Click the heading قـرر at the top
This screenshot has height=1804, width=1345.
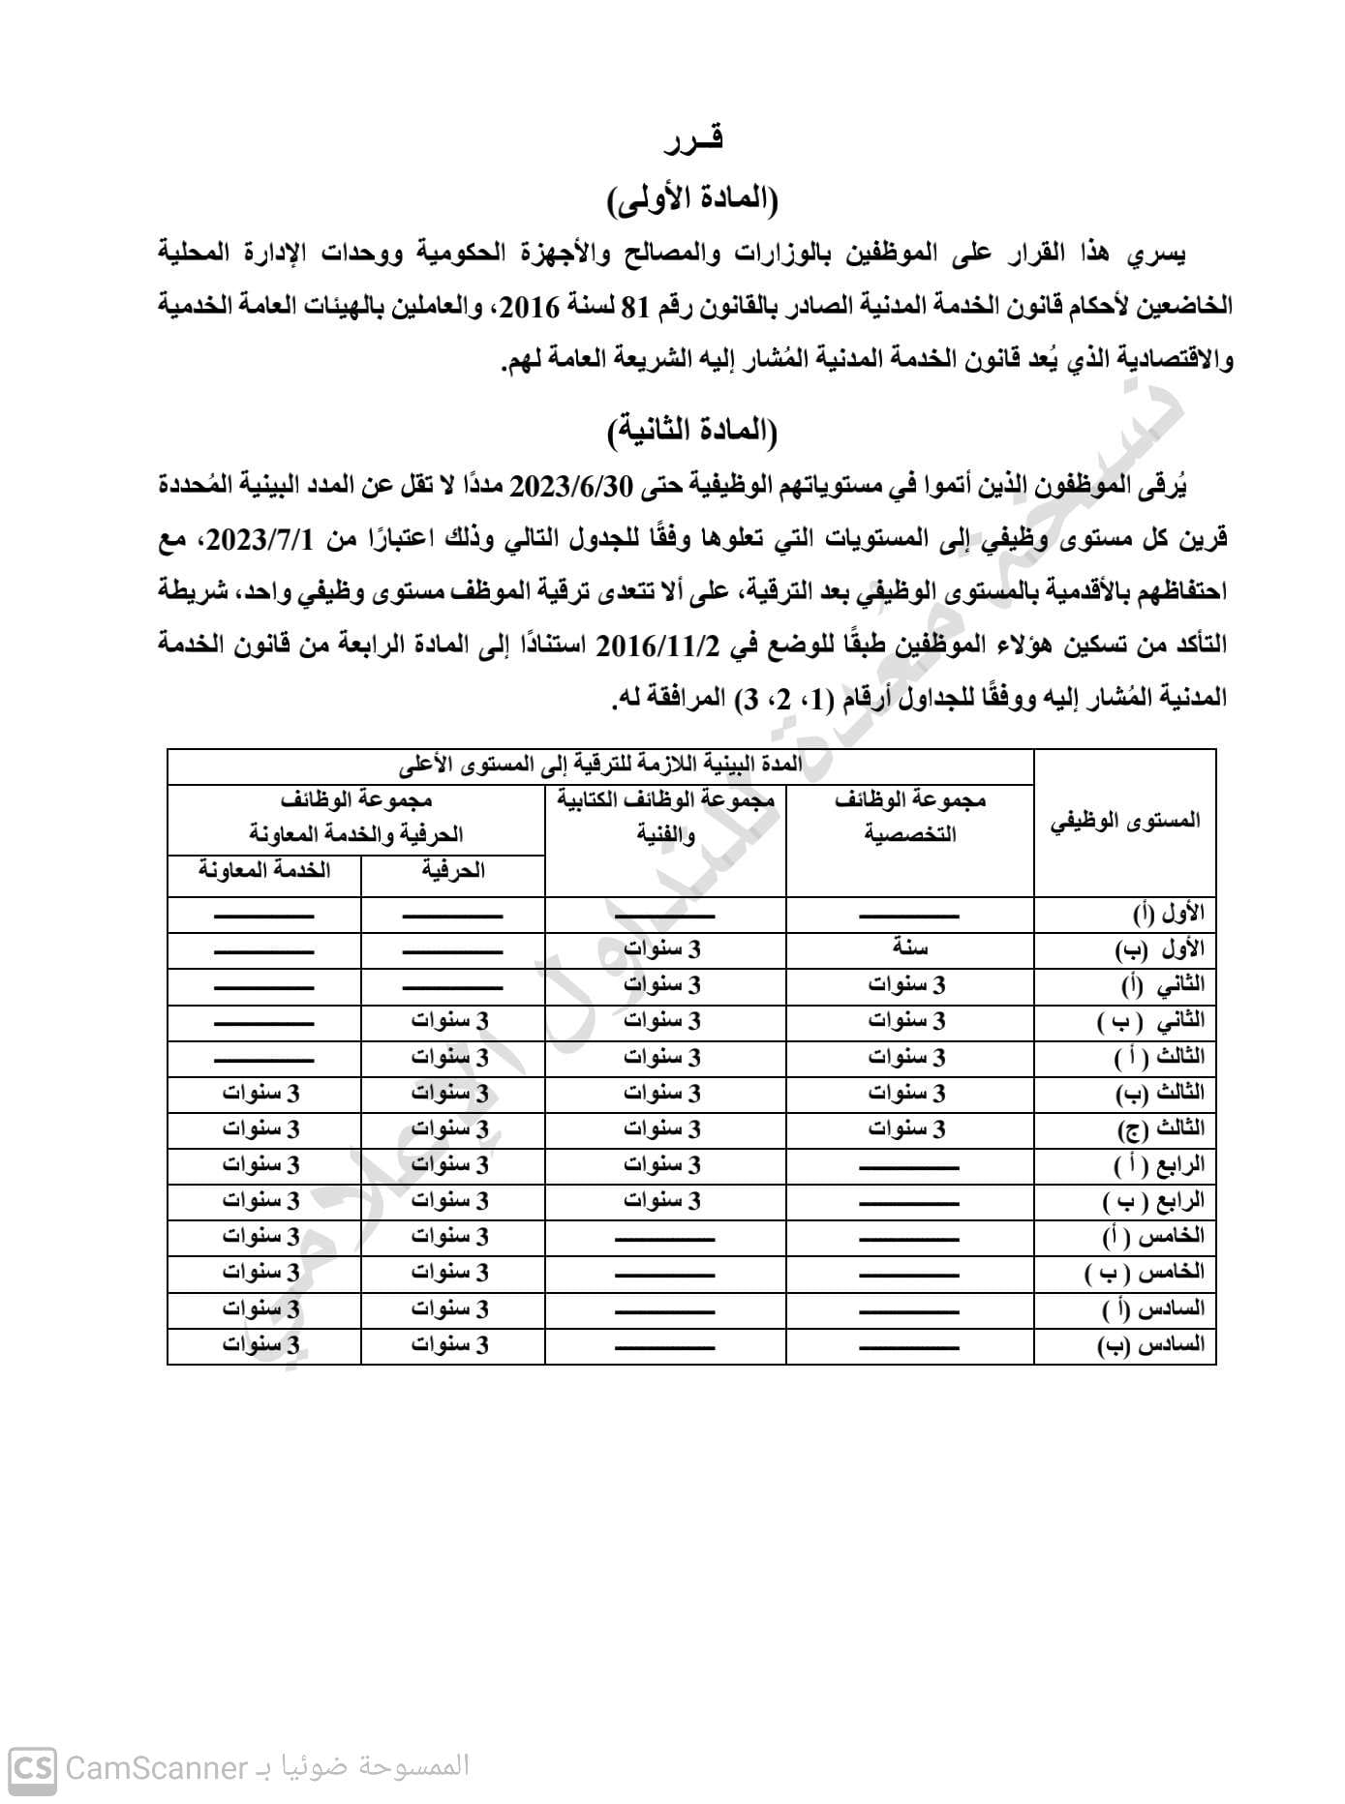click(x=693, y=141)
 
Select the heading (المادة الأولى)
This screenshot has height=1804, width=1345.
click(x=693, y=200)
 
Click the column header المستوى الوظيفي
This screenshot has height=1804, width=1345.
click(x=1125, y=822)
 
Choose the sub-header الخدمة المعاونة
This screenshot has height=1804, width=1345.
click(x=264, y=871)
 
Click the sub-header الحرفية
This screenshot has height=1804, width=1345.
click(x=453, y=871)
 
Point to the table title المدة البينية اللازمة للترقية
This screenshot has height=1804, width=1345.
click(x=600, y=765)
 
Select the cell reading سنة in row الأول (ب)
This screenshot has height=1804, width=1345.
click(x=910, y=949)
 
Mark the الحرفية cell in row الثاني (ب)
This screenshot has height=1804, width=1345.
click(x=450, y=1021)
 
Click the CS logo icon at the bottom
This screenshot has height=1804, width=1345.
click(x=32, y=1768)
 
